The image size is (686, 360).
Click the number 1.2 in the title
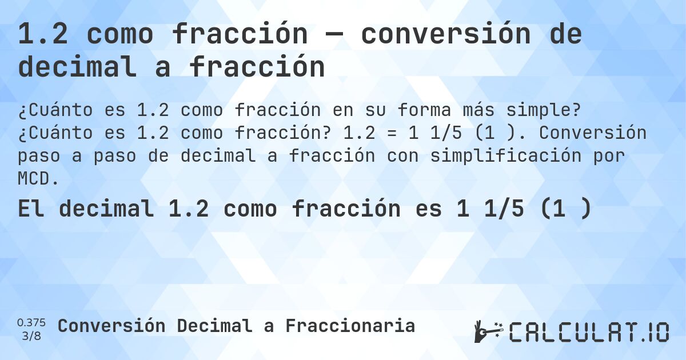(x=44, y=35)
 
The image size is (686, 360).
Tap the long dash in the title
(x=334, y=35)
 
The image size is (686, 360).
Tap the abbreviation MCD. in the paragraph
(x=38, y=179)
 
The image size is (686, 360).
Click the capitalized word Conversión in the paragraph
(x=592, y=133)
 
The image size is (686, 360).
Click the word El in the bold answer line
(x=28, y=209)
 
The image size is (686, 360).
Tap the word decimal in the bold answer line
(x=106, y=209)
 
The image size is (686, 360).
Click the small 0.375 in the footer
(x=31, y=322)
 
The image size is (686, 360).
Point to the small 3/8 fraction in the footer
(x=31, y=336)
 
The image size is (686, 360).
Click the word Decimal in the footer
(x=214, y=326)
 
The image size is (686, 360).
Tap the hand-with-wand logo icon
(x=488, y=331)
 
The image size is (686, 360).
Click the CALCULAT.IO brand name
(x=589, y=332)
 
